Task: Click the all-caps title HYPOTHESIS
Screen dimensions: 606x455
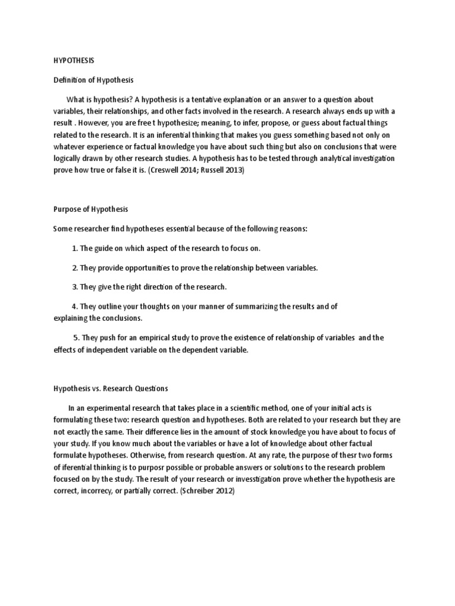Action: tap(73, 60)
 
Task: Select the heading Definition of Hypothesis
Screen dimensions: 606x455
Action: tap(94, 80)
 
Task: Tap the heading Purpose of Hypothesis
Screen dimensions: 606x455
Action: tap(91, 209)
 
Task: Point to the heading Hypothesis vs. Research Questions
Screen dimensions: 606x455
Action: tap(111, 389)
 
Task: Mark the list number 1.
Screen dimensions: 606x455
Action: tap(75, 249)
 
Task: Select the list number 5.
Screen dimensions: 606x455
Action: tap(76, 338)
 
